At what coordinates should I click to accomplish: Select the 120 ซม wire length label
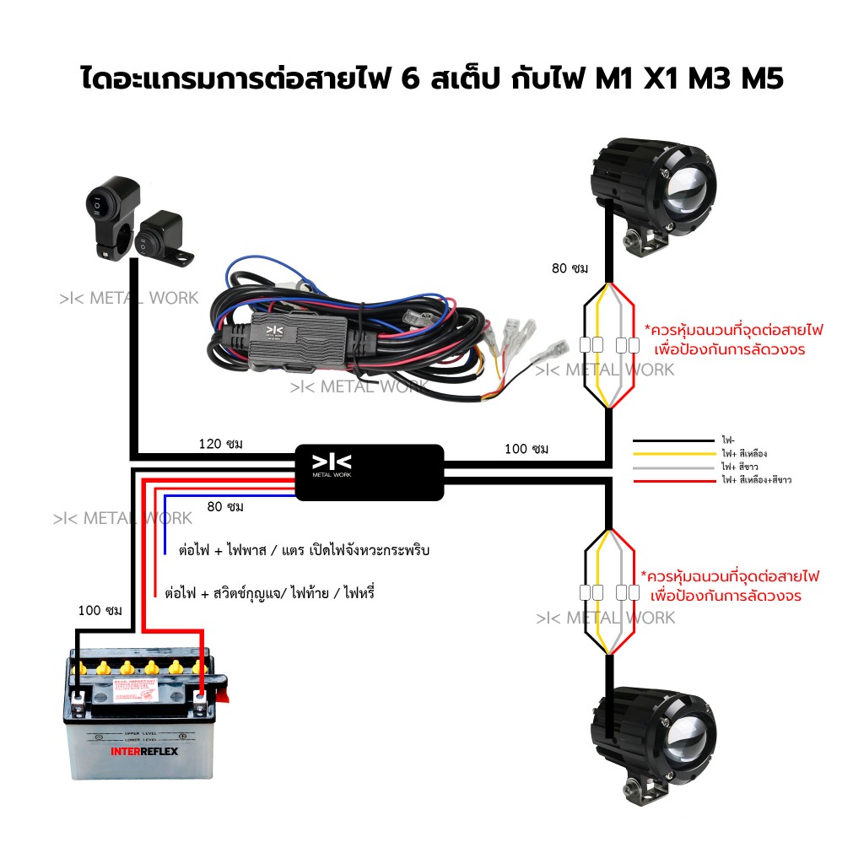[221, 444]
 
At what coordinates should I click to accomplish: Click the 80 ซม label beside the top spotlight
[570, 268]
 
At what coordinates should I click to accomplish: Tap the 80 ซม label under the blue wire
[225, 506]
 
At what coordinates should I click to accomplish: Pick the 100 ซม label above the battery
[100, 610]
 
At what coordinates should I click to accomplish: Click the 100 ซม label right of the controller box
[526, 449]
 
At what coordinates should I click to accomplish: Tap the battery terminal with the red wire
[201, 699]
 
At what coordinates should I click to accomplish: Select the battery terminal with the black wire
[78, 699]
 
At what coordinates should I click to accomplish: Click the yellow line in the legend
[673, 453]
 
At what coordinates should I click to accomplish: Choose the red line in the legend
[673, 479]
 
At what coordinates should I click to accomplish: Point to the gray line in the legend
[673, 466]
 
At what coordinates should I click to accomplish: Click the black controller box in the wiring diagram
[369, 472]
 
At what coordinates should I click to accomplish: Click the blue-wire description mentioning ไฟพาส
[305, 550]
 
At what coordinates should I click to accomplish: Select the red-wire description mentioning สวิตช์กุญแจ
[269, 593]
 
